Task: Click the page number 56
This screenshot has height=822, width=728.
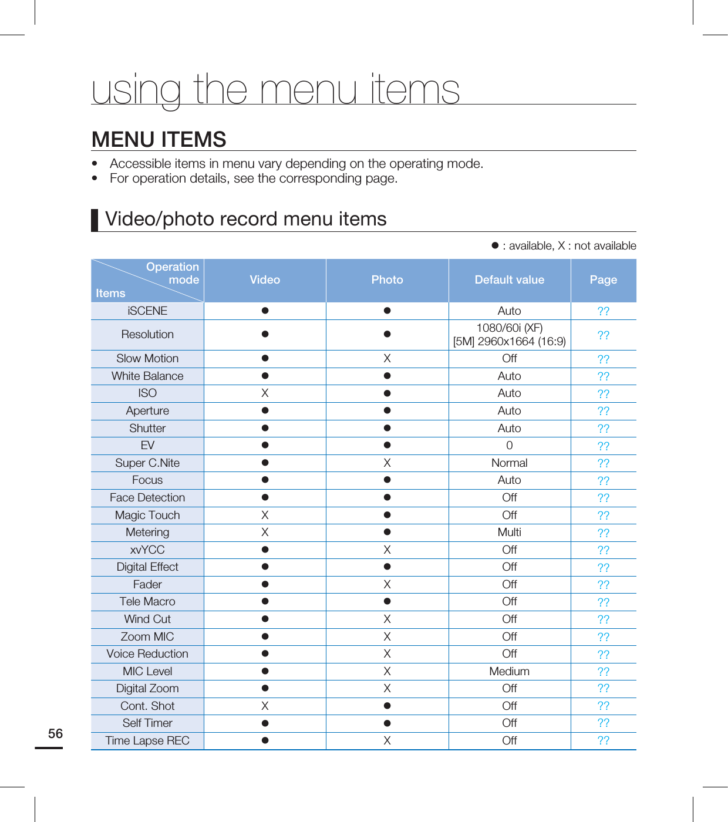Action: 55,733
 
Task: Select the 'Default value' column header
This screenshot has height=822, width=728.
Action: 509,280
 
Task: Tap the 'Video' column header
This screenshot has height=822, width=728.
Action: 265,280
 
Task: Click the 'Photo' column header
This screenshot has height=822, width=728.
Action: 387,280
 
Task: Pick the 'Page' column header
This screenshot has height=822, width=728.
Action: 603,280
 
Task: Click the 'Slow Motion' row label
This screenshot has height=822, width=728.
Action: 147,359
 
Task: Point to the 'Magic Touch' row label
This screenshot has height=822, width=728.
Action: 147,516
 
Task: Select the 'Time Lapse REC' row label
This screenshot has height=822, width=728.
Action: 147,741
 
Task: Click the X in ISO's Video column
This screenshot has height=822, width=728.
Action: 265,393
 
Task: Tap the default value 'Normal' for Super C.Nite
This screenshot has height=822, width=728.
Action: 509,463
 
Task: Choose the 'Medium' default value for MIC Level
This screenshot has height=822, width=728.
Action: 509,672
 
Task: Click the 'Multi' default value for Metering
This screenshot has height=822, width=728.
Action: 509,533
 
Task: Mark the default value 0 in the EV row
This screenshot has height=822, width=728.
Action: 509,446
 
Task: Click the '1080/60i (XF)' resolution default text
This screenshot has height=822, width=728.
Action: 509,328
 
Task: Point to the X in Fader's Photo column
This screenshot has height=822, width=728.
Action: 387,585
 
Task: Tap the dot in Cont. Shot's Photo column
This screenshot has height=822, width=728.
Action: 387,706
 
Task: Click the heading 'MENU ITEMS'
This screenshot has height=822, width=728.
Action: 159,140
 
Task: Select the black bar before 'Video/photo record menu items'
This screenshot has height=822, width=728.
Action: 95,220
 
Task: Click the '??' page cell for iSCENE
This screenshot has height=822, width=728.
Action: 603,311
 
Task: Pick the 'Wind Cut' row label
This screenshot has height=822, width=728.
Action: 147,619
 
